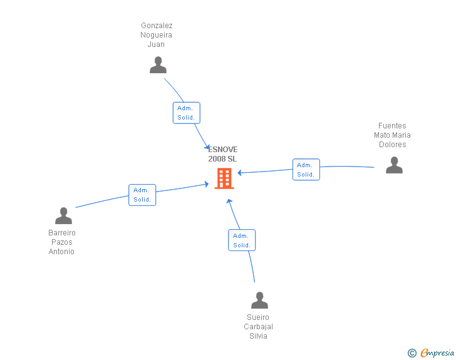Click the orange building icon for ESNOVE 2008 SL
pyautogui.click(x=224, y=178)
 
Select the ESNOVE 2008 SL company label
pyautogui.click(x=223, y=154)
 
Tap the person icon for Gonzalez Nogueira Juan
pyautogui.click(x=158, y=65)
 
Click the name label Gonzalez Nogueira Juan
pyautogui.click(x=157, y=35)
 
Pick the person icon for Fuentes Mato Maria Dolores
pyautogui.click(x=394, y=165)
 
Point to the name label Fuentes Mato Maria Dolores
pyautogui.click(x=393, y=135)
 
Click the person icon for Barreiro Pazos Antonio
pyautogui.click(x=63, y=216)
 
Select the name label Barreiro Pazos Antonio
pyautogui.click(x=62, y=242)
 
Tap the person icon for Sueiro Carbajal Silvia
pyautogui.click(x=259, y=301)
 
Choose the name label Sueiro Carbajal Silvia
pyautogui.click(x=258, y=327)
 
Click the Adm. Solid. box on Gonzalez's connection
pyautogui.click(x=187, y=113)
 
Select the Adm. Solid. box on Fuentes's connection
pyautogui.click(x=306, y=170)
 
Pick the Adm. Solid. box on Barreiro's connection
pyautogui.click(x=142, y=195)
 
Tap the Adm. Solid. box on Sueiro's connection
pyautogui.click(x=242, y=240)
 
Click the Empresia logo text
pyautogui.click(x=437, y=353)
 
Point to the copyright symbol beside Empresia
pyautogui.click(x=412, y=354)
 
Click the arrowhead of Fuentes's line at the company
pyautogui.click(x=240, y=173)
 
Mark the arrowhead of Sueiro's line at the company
pyautogui.click(x=229, y=202)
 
